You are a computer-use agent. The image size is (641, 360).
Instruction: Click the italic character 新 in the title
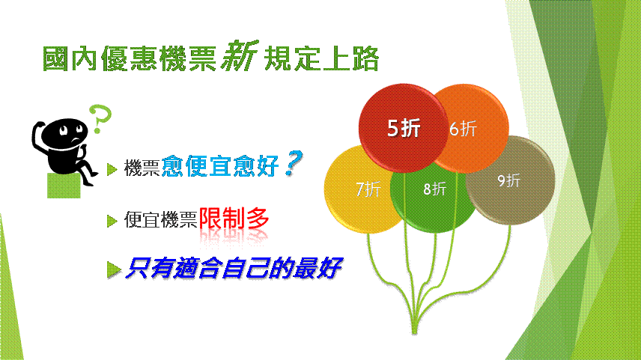[x=240, y=56]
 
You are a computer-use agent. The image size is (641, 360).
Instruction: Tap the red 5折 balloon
[x=404, y=128]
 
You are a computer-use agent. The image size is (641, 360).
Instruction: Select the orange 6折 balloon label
[x=464, y=129]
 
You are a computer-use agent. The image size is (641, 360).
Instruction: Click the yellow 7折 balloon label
[x=368, y=189]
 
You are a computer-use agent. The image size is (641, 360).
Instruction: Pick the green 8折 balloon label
[x=434, y=189]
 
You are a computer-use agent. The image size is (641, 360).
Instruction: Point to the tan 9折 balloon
[x=510, y=180]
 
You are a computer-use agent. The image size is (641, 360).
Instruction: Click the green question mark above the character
[x=100, y=119]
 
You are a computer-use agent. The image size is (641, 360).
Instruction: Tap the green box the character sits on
[x=64, y=186]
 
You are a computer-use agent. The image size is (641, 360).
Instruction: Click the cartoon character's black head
[x=64, y=133]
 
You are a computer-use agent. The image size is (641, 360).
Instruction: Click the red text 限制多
[x=234, y=219]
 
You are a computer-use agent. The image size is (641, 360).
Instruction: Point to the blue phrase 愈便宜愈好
[x=220, y=166]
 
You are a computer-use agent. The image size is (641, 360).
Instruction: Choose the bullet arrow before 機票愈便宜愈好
[x=112, y=169]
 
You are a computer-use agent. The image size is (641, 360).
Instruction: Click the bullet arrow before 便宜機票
[x=112, y=221]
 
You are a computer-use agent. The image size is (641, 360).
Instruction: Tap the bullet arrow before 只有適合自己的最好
[x=114, y=269]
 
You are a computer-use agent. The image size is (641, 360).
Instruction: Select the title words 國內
[x=70, y=59]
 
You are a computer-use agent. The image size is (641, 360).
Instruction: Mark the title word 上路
[x=350, y=59]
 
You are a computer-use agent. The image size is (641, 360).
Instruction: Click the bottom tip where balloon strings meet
[x=415, y=332]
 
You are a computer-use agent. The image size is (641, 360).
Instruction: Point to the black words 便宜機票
[x=161, y=220]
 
